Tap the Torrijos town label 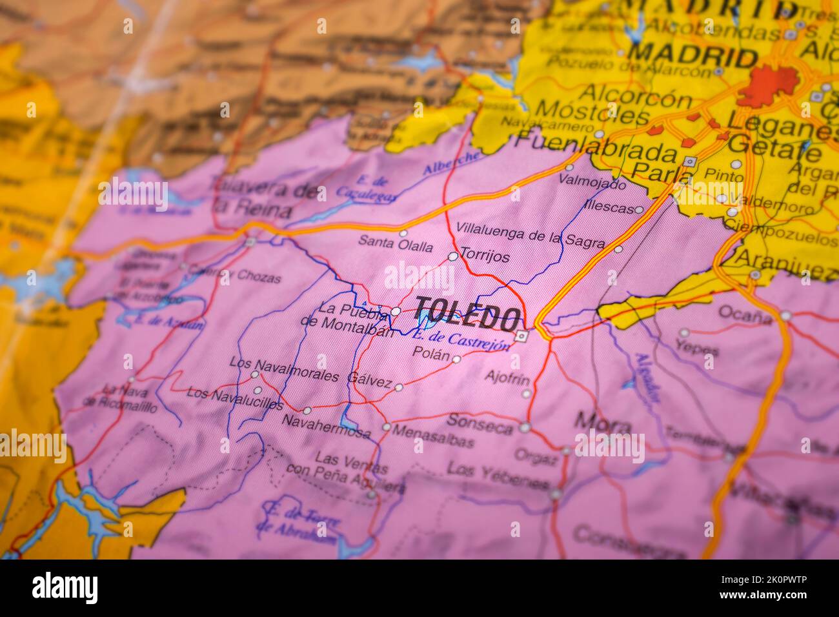[485, 257]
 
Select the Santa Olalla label [396, 245]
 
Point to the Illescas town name [608, 208]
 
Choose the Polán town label [430, 353]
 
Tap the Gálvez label [369, 380]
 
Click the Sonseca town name [489, 423]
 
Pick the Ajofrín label [507, 378]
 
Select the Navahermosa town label [326, 426]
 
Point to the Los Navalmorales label [284, 370]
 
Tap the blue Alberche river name [452, 163]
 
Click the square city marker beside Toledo [521, 336]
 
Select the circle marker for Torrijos [453, 256]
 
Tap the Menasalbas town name [432, 436]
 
